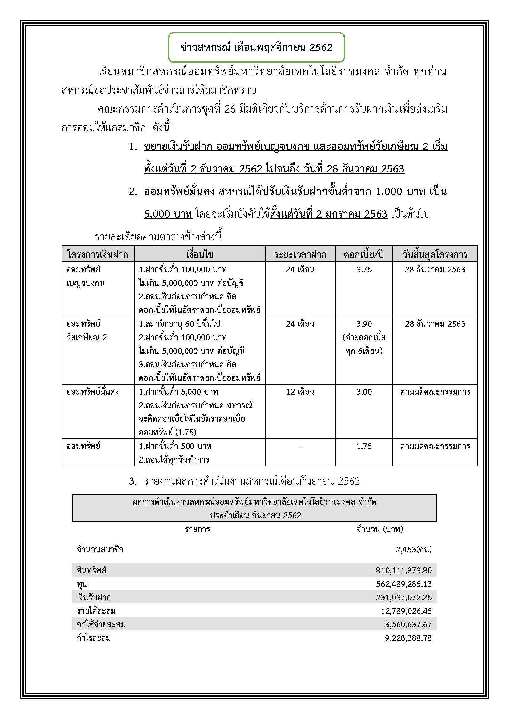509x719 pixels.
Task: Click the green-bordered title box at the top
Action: click(x=256, y=47)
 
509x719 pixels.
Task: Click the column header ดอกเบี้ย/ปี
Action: click(x=363, y=254)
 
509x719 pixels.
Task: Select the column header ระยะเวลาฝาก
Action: click(x=300, y=254)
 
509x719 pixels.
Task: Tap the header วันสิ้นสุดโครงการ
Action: click(x=435, y=254)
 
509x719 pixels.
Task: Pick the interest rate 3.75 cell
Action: click(x=363, y=270)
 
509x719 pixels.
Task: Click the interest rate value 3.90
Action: click(x=363, y=324)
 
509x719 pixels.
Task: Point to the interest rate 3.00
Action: click(x=363, y=392)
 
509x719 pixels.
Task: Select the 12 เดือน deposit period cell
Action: click(x=300, y=392)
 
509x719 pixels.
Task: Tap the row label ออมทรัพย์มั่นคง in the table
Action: click(x=92, y=392)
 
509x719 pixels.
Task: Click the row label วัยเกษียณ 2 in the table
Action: click(x=87, y=338)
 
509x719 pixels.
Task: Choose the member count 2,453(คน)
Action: click(x=414, y=550)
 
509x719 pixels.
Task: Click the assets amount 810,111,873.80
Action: click(x=404, y=570)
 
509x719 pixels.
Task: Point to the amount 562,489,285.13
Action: click(x=404, y=584)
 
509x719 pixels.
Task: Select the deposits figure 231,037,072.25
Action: click(x=404, y=598)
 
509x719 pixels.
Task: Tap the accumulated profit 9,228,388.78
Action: click(x=408, y=638)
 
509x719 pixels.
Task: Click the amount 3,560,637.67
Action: click(x=408, y=625)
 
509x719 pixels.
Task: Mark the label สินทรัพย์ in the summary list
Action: click(x=91, y=570)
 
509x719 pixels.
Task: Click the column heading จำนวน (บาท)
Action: click(x=379, y=529)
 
